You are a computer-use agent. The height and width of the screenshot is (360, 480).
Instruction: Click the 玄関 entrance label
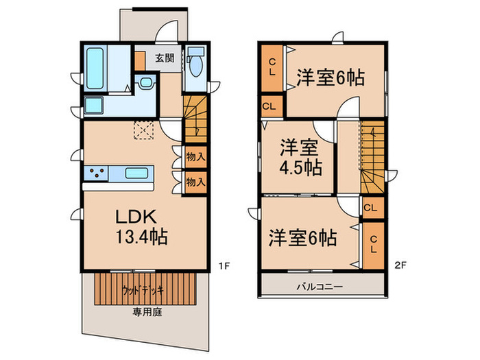163,58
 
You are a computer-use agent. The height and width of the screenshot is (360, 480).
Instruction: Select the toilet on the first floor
195,62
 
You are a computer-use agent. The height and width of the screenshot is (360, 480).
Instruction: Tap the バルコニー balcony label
319,286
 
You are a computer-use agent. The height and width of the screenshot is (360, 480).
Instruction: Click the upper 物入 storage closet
195,156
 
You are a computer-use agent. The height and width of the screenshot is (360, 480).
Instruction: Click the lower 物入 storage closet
195,182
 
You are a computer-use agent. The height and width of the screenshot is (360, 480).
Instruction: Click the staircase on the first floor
194,117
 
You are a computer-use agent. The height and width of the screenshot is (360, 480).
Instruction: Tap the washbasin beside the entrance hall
145,83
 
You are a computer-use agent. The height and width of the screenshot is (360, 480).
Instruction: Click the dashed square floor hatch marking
144,130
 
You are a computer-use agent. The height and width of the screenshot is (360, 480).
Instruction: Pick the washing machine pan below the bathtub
94,106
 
